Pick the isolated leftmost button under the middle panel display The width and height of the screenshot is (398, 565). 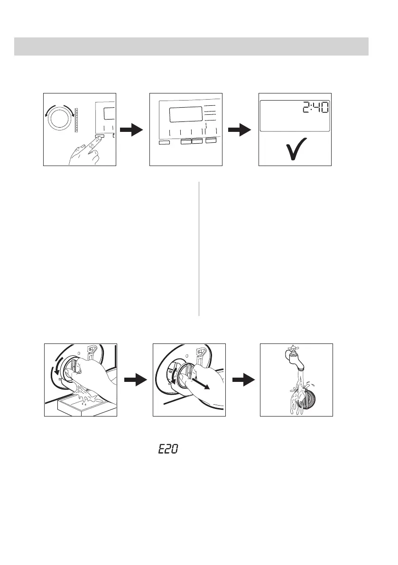[165, 142]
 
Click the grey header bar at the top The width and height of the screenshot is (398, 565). [191, 46]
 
